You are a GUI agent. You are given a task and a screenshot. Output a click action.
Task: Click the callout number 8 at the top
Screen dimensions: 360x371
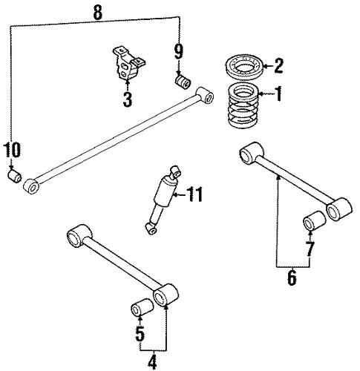98,12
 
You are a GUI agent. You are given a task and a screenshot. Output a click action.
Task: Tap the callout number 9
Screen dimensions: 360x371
179,52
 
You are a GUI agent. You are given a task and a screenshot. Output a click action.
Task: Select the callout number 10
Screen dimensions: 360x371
12,150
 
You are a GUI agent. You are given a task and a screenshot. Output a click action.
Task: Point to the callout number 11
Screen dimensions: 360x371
194,194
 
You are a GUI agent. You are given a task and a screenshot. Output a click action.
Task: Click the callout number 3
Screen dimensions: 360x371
128,99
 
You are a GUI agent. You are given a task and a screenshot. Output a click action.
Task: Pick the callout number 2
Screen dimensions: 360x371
278,65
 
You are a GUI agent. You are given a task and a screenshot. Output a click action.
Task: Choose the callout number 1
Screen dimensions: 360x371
278,94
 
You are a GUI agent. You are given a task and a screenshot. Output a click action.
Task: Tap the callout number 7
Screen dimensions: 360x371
310,249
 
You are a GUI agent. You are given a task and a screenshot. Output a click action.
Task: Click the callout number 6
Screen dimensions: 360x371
292,278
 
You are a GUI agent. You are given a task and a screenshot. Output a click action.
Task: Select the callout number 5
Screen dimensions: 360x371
140,333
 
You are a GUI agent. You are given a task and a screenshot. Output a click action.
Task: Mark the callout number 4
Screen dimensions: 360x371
152,363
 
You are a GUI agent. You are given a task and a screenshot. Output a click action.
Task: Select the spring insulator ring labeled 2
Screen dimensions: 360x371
244,66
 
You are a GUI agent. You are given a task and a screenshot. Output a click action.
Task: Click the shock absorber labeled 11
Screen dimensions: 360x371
163,200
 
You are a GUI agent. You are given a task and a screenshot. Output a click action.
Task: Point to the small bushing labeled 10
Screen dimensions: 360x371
14,176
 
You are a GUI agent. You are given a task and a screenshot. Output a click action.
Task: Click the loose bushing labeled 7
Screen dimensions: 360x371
314,220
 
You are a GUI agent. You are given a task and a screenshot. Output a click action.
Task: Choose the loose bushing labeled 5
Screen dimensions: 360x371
142,307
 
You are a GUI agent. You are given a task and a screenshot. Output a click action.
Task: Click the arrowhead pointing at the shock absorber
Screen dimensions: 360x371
175,195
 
